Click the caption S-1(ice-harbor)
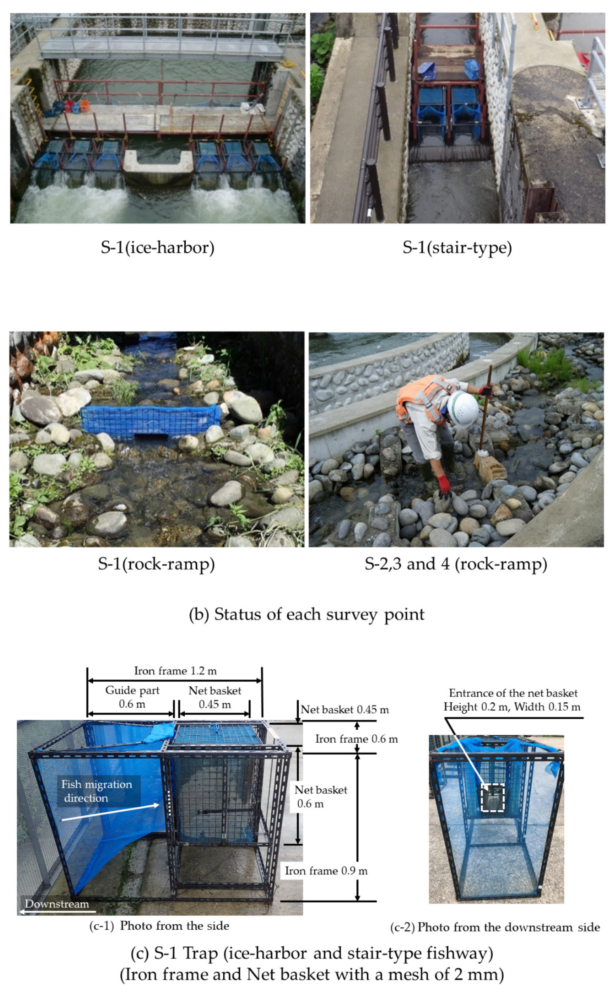[158, 247]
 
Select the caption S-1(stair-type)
[457, 247]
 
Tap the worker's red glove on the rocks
[444, 486]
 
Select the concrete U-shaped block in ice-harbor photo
[158, 166]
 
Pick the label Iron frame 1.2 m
[175, 671]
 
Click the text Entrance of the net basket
[513, 693]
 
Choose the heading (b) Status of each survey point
[307, 614]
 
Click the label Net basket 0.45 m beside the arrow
[344, 710]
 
